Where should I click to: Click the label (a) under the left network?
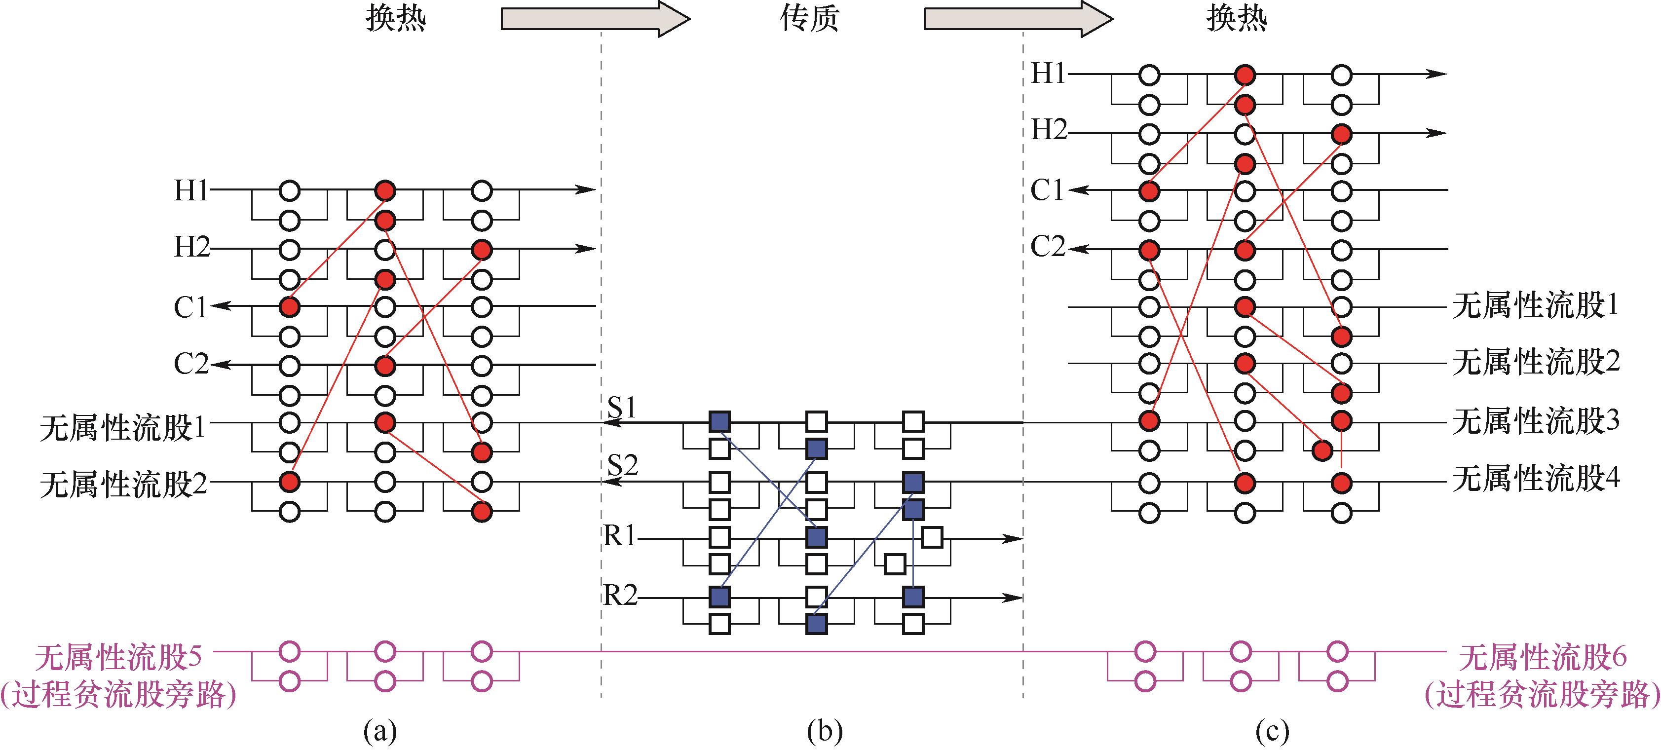380,731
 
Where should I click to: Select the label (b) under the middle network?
825,731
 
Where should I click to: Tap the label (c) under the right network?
1272,731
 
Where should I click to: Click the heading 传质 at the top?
809,18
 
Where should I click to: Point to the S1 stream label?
622,408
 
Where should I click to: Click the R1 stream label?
620,536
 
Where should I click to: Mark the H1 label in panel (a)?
191,191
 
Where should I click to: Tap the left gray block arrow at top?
595,19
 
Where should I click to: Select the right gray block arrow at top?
1018,19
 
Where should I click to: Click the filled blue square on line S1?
719,422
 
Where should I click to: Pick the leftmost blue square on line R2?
719,597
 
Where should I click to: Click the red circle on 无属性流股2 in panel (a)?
290,481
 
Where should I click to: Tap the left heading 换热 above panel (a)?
396,18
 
